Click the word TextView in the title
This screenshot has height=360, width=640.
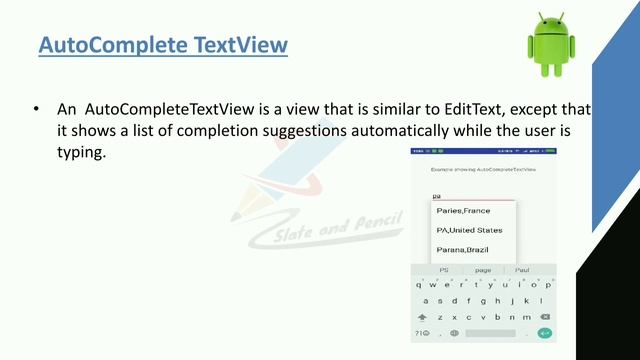pos(241,46)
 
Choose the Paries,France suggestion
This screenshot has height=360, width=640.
pos(463,211)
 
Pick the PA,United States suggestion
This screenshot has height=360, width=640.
pos(469,230)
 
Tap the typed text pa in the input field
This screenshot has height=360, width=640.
pos(436,197)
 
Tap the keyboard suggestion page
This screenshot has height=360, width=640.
pos(483,270)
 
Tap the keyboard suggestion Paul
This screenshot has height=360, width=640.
pos(522,270)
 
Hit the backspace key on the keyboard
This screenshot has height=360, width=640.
pos(544,317)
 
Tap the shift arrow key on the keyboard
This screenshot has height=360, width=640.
pos(423,317)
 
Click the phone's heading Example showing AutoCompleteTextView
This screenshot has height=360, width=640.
pos(483,172)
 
